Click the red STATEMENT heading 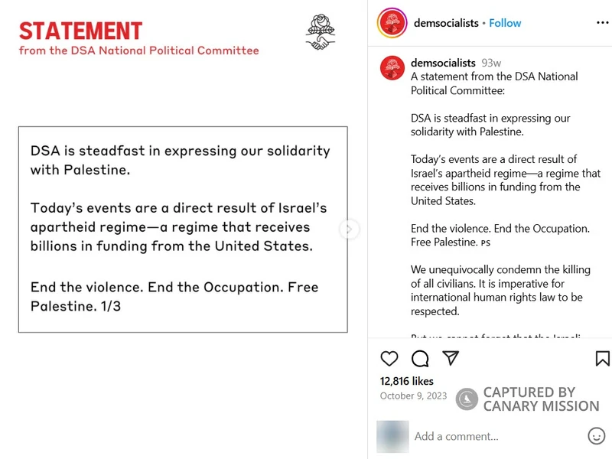click(80, 31)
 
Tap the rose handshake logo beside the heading click(321, 32)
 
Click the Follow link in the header click(505, 23)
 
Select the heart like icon click(389, 358)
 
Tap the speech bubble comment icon click(420, 358)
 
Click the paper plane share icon click(451, 358)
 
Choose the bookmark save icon click(602, 358)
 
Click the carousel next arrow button click(349, 229)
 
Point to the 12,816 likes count click(407, 381)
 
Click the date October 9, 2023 click(413, 396)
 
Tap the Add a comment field click(456, 436)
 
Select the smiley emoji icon click(597, 436)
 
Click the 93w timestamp click(491, 63)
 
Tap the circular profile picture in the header click(392, 23)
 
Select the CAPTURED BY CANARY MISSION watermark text click(541, 399)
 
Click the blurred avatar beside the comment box click(392, 436)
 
